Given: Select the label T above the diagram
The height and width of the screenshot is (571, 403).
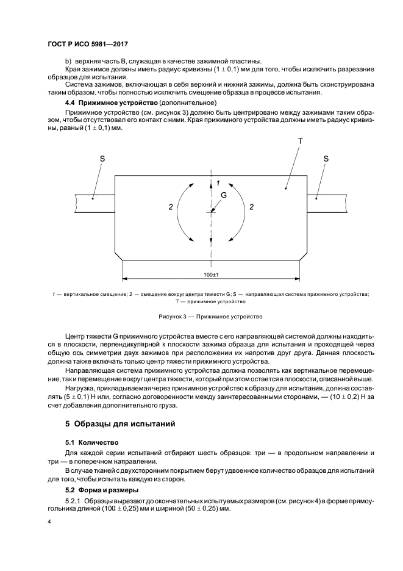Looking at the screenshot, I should (300, 140).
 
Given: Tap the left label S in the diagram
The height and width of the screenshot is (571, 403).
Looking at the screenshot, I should (102, 158).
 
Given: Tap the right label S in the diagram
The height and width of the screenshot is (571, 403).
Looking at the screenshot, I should (326, 158).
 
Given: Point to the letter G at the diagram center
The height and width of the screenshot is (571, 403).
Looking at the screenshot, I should (223, 195).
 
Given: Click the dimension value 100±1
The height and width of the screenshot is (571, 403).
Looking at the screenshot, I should (211, 275).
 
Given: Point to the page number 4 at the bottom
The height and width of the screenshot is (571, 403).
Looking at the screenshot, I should (49, 522).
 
